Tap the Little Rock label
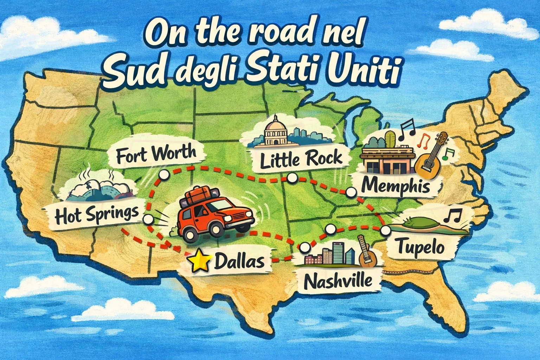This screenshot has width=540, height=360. pos(301,159)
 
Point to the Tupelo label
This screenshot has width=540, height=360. pos(421,247)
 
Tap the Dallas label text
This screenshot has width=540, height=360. pos(239,261)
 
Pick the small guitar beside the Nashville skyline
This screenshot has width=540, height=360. pos(367,251)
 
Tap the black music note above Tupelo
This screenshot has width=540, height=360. pos(453,215)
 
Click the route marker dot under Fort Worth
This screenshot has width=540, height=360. pos(163,175)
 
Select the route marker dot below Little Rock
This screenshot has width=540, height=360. pos(291,179)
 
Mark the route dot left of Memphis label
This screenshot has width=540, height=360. pos(351,192)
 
